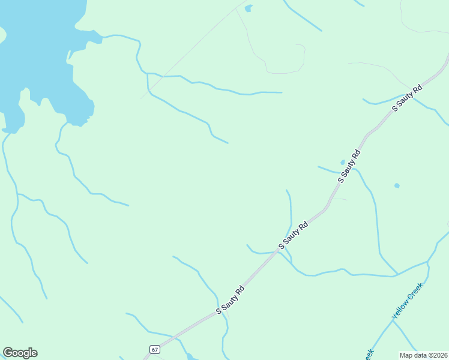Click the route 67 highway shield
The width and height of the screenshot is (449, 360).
[x=155, y=349]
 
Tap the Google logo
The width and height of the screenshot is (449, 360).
[x=20, y=353]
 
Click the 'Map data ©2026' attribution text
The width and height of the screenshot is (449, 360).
[x=424, y=355]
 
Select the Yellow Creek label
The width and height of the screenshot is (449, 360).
[x=408, y=301]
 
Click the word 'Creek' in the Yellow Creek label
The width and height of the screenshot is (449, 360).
[x=416, y=292]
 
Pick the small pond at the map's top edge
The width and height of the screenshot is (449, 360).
[x=249, y=8]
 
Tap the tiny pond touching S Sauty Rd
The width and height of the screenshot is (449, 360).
[x=343, y=162]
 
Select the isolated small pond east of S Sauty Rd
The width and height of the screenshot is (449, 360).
[x=397, y=185]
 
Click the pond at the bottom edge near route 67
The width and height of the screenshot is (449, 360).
[x=190, y=356]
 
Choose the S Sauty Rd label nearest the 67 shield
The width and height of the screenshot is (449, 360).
[x=231, y=299]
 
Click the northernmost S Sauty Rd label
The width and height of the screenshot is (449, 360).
[x=408, y=98]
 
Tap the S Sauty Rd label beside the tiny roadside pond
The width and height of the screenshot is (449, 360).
[x=350, y=166]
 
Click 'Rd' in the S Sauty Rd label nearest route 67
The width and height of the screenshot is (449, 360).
[x=240, y=290]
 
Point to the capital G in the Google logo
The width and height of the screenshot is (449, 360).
[x=8, y=353]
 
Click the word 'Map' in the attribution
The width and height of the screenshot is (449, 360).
[x=407, y=355]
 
